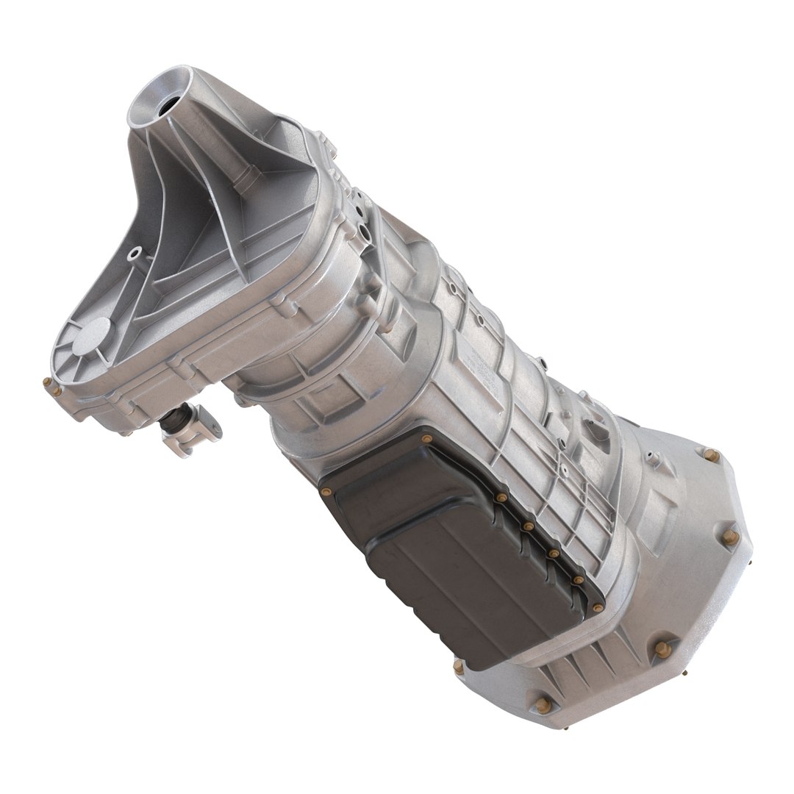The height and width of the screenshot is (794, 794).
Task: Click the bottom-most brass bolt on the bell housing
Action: (543, 705)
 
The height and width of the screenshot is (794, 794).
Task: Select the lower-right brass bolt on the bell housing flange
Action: (662, 648)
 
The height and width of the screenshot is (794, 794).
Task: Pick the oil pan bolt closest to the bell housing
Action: (598, 607)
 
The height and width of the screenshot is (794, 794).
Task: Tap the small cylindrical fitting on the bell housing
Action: (650, 458)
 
